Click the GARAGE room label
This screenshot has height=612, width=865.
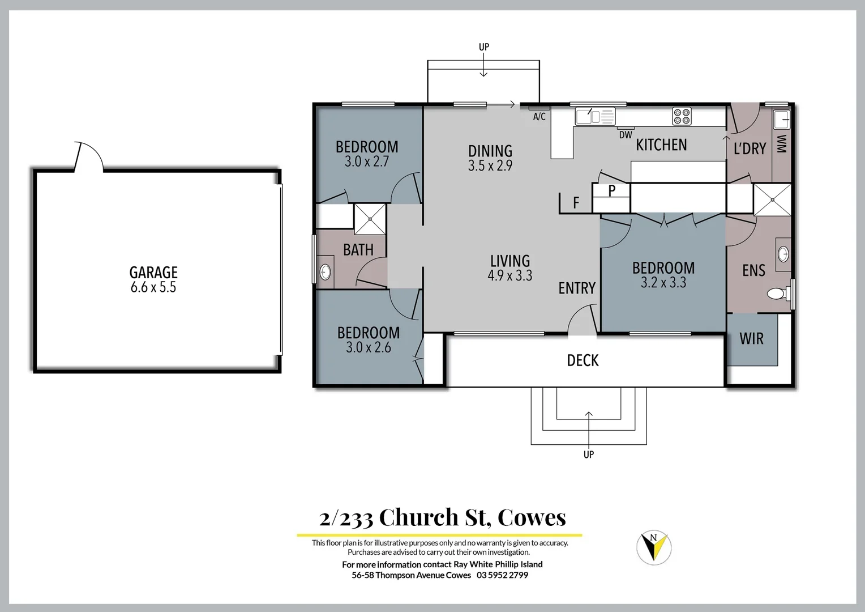pos(153,273)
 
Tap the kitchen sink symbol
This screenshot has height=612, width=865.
pos(595,116)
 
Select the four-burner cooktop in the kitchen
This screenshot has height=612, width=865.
pos(682,116)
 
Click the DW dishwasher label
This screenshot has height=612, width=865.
pos(625,135)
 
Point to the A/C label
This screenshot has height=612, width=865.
pos(539,117)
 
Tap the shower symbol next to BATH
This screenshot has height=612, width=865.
pos(370,219)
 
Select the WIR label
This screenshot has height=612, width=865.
pos(751,339)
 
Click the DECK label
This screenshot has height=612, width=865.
pos(583,360)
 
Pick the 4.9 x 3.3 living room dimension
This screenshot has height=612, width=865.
pos(509,276)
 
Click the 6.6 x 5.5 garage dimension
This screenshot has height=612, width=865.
pos(153,287)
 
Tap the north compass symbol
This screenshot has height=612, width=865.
pos(654,547)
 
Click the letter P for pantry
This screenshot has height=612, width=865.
pos(611,191)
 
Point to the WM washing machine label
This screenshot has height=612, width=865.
pos(782,143)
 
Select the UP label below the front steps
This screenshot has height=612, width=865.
pos(589,454)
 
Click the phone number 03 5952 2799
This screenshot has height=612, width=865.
pos(502,575)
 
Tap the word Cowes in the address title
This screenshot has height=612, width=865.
pos(532,517)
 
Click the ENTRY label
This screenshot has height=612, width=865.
pos(577,288)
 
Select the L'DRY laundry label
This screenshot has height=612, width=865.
pos(750,148)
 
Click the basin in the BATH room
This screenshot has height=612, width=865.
pos(326,273)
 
